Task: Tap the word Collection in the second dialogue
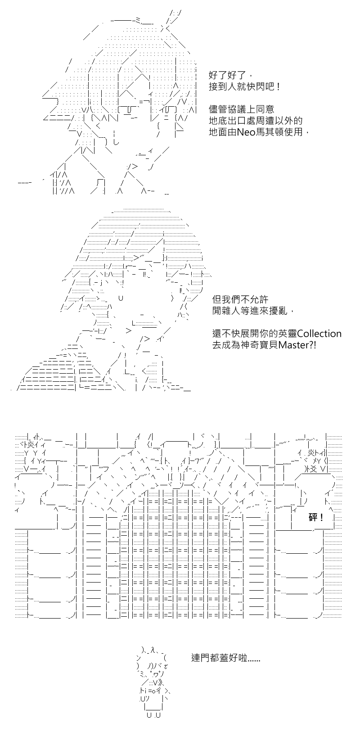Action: pyautogui.click(x=319, y=334)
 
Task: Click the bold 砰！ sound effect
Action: pyautogui.click(x=316, y=518)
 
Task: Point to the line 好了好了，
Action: pyautogui.click(x=233, y=75)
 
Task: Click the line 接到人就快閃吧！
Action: pyautogui.click(x=244, y=87)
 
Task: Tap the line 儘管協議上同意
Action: pyautogui.click(x=242, y=109)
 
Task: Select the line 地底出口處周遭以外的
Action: pyautogui.click(x=256, y=121)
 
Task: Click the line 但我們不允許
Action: pyautogui.click(x=240, y=299)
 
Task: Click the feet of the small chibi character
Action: pyautogui.click(x=154, y=715)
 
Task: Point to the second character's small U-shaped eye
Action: pyautogui.click(x=121, y=298)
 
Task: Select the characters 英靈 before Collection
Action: pyautogui.click(x=288, y=334)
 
